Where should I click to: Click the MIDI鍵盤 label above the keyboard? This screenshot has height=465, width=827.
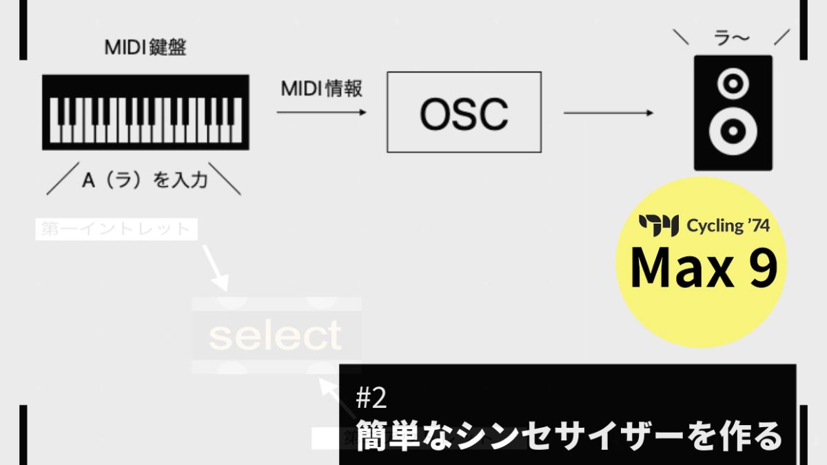pos(145,48)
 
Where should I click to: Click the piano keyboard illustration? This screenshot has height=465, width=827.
pos(145,112)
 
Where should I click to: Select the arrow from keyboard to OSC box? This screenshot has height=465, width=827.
pos(321,112)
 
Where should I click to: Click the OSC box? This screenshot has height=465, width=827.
pos(464,112)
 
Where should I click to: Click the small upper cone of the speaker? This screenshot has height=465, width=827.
pos(733,84)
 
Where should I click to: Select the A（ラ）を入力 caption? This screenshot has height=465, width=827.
pos(145,180)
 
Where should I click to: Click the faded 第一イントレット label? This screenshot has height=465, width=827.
pos(116,229)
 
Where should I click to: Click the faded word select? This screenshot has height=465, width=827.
pos(276,335)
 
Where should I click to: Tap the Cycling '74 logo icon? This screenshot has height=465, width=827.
pos(659,225)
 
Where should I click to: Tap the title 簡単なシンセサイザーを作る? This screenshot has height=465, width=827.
pos(569,435)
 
